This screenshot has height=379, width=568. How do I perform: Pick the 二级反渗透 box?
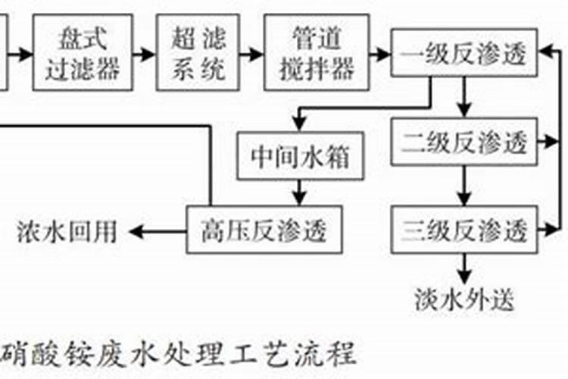(464, 142)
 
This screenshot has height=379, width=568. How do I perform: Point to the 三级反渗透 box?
(464, 229)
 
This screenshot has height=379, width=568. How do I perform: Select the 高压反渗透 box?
(261, 229)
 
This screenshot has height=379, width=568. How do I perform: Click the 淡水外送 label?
(464, 299)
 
